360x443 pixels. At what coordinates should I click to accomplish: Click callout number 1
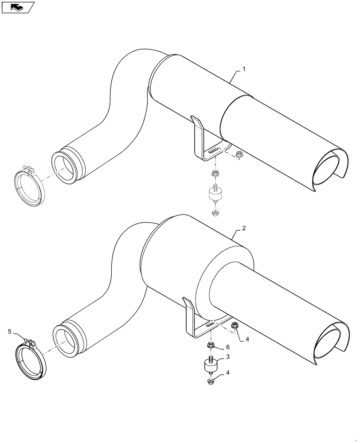pyautogui.click(x=244, y=70)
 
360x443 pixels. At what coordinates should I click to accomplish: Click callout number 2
pyautogui.click(x=244, y=229)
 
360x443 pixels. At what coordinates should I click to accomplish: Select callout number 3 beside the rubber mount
pyautogui.click(x=227, y=357)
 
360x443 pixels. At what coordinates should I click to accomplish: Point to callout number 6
pyautogui.click(x=227, y=347)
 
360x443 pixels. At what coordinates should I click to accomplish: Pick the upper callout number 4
pyautogui.click(x=247, y=340)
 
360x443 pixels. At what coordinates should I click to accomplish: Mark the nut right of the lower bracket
pyautogui.click(x=235, y=326)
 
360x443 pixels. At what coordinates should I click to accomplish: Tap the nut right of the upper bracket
pyautogui.click(x=240, y=155)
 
